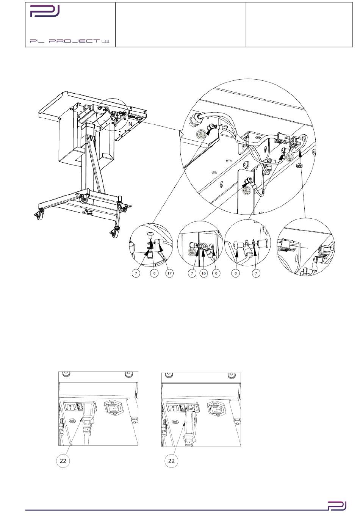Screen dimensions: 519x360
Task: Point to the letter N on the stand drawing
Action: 130,124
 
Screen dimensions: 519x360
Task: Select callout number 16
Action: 203,273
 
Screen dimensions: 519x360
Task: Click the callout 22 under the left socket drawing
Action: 63,461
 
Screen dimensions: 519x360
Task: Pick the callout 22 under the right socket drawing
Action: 171,461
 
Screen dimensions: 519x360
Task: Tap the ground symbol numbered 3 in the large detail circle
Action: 200,134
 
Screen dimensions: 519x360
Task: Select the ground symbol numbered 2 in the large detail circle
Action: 247,190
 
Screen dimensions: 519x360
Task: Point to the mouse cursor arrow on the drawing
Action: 181,133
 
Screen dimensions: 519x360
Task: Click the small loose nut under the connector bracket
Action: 299,166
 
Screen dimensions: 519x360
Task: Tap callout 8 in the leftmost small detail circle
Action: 154,273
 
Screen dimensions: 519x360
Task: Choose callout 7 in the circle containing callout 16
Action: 192,273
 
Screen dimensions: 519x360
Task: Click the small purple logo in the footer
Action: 337,506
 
